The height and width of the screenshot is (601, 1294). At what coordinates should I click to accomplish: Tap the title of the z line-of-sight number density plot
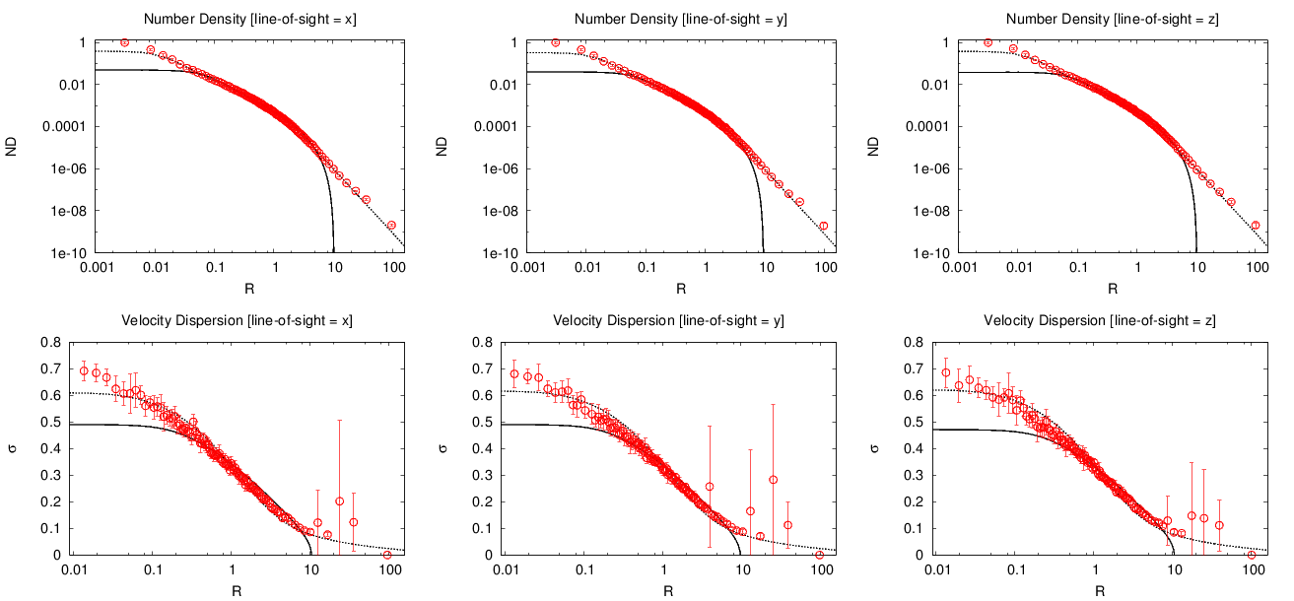1114,19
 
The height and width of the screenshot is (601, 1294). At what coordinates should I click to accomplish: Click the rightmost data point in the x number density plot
391,226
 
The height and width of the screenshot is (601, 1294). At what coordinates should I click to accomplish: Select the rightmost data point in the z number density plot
1256,226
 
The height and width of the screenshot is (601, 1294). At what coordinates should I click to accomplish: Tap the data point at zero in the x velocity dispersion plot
387,555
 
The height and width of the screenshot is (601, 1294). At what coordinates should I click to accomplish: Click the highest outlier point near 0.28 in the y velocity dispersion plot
774,480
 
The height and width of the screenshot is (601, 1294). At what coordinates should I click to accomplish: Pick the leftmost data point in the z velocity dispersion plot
946,372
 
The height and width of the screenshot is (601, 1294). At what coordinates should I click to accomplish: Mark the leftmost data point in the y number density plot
556,42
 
